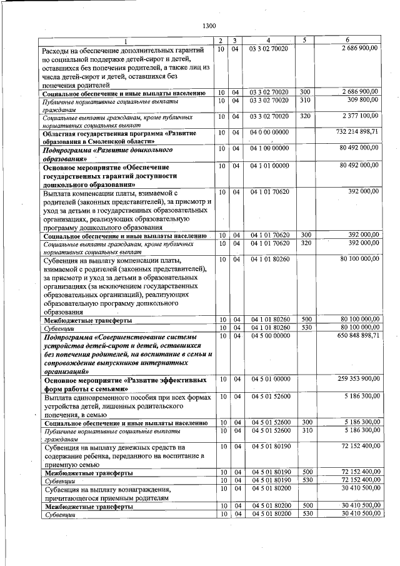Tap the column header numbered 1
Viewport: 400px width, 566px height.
(x=126, y=41)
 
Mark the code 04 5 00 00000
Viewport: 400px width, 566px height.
(x=270, y=336)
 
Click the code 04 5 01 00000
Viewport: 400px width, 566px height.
(x=270, y=379)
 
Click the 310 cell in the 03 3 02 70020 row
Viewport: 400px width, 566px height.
(x=304, y=100)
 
